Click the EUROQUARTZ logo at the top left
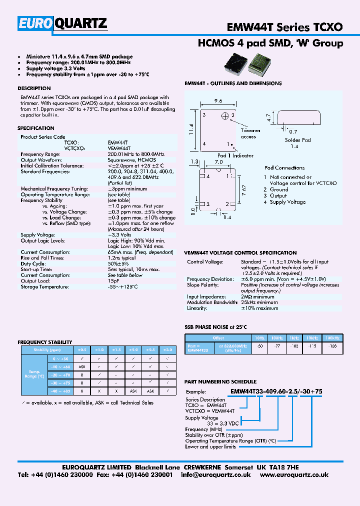62,23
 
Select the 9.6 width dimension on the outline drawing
218,100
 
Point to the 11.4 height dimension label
191,129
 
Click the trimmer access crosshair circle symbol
225,116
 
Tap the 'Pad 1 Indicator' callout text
235,155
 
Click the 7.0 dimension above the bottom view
218,162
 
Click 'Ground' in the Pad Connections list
279,189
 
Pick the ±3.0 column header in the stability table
168,349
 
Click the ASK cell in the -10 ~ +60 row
81,366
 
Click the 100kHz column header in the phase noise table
332,338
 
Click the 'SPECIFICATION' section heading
36,128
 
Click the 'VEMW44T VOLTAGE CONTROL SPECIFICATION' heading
240,253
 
